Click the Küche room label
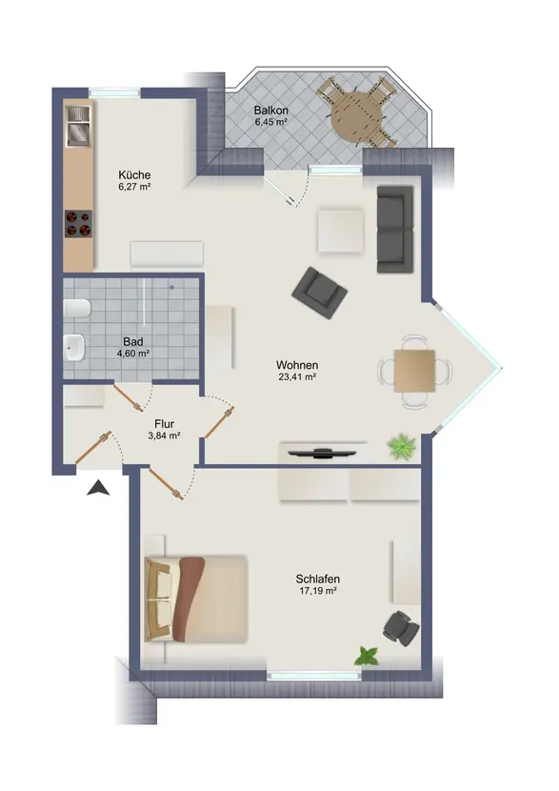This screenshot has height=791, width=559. tap(134, 175)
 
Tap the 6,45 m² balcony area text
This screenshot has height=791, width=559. tap(270, 122)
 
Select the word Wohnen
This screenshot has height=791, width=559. tap(297, 365)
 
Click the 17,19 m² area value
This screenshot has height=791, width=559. tap(318, 591)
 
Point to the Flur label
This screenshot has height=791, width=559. tap(165, 424)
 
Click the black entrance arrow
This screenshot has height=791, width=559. tap(98, 488)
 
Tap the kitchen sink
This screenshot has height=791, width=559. tap(78, 127)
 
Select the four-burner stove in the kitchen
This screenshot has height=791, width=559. tap(79, 224)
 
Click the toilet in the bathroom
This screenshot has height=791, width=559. tap(76, 309)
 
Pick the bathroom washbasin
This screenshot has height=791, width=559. tap(74, 348)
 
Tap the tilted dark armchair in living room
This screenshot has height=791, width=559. tap(320, 293)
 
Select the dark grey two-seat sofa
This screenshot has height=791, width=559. tap(395, 230)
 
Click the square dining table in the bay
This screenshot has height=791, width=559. tap(415, 371)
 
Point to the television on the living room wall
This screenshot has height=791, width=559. tap(319, 453)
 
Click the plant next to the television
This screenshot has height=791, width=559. tap(402, 446)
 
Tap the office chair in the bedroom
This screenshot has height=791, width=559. tap(401, 628)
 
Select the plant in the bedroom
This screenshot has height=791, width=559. tap(367, 657)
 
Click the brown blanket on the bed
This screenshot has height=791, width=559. tap(189, 598)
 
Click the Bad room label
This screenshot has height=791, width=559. tap(133, 342)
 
